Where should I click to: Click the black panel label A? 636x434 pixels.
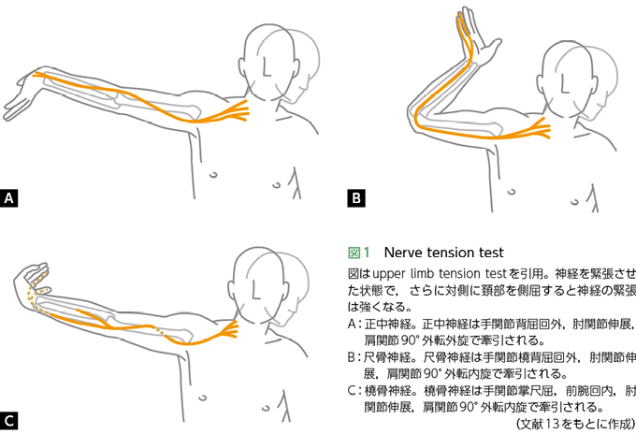click(x=9, y=198)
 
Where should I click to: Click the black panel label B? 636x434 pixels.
click(x=356, y=198)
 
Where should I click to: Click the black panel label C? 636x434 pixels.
click(x=9, y=421)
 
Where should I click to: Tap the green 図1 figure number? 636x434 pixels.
click(x=359, y=253)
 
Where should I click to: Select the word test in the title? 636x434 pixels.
click(x=491, y=253)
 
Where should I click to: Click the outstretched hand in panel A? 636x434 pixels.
click(x=20, y=97)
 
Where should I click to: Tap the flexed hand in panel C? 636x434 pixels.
click(x=32, y=280)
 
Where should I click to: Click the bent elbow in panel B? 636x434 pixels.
click(x=417, y=118)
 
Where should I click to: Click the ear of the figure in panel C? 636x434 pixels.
click(x=232, y=290)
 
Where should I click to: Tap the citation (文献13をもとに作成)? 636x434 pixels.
click(x=575, y=424)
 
